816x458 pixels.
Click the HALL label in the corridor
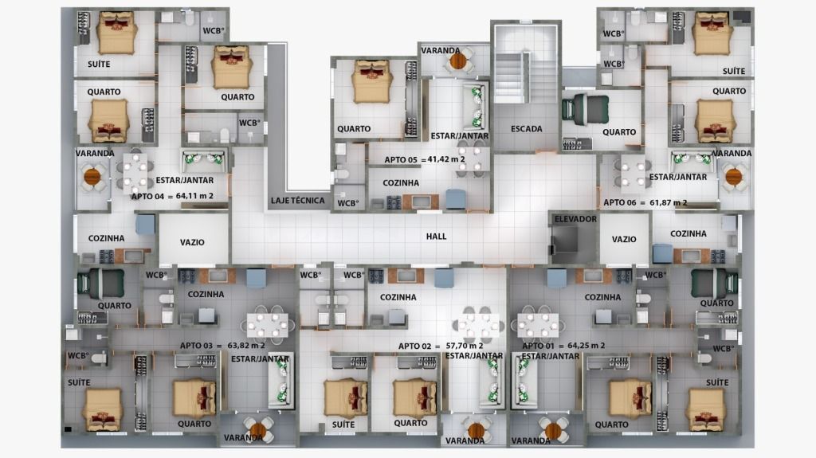(x=436, y=237)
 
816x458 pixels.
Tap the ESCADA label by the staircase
(x=526, y=128)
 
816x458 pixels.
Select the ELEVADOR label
(x=575, y=219)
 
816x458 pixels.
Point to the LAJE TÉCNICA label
(x=297, y=201)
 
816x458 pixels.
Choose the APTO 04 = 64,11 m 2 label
(x=172, y=196)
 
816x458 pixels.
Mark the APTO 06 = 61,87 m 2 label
(x=645, y=202)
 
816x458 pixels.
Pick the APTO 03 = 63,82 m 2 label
(x=222, y=345)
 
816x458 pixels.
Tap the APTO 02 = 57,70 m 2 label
(x=440, y=346)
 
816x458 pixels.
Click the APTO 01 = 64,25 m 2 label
(x=563, y=345)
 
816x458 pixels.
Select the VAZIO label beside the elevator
(x=623, y=240)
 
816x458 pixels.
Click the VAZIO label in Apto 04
(x=192, y=242)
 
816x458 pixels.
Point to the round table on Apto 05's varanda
(x=458, y=61)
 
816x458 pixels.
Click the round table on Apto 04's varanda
(x=92, y=177)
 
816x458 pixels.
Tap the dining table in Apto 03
(x=267, y=325)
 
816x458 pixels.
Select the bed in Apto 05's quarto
(x=371, y=82)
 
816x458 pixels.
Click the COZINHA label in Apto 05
(x=401, y=182)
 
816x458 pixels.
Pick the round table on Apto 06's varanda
(x=734, y=177)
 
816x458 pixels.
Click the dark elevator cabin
(x=564, y=240)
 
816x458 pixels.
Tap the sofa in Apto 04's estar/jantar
(x=204, y=160)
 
